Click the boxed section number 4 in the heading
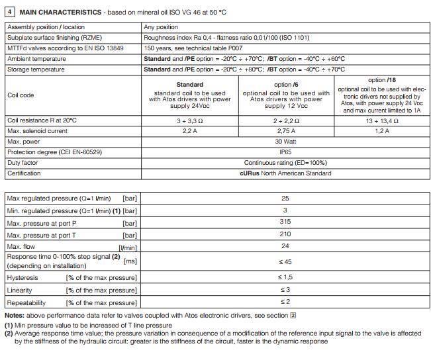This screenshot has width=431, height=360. [x=9, y=13]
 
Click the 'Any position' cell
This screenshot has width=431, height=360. [x=161, y=27]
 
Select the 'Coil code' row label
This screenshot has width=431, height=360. [x=21, y=95]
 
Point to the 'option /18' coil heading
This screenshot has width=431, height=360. [x=377, y=80]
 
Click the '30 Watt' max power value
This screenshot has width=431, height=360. [x=285, y=142]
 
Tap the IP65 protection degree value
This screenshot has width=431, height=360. [x=285, y=152]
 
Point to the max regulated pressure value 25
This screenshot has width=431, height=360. [x=285, y=198]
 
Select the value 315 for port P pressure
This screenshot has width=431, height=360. [x=285, y=223]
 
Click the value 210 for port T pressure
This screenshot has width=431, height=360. [x=285, y=235]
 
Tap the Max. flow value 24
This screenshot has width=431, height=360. [x=285, y=247]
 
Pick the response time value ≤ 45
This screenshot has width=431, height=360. [x=285, y=261]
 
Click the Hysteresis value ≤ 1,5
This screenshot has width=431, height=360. [x=285, y=277]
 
